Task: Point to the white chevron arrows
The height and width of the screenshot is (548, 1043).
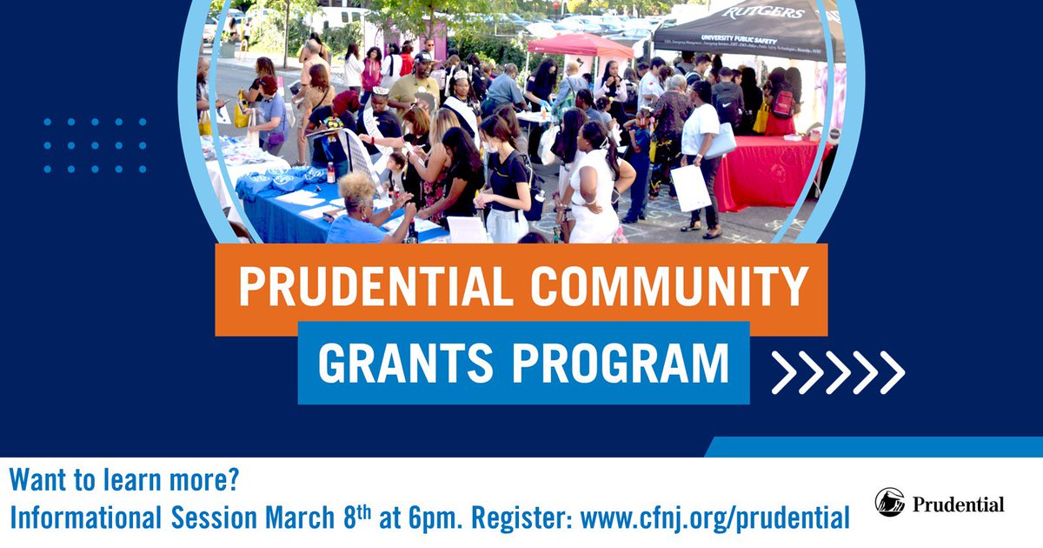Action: pyautogui.click(x=838, y=372)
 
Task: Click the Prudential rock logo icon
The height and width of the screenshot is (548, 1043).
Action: pyautogui.click(x=889, y=504)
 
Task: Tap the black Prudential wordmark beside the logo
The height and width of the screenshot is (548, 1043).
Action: pyautogui.click(x=959, y=505)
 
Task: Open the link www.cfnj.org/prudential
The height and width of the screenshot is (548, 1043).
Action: pyautogui.click(x=714, y=519)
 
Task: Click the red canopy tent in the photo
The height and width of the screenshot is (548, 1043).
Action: pyautogui.click(x=581, y=45)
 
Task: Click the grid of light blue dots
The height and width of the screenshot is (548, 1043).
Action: pyautogui.click(x=96, y=145)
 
